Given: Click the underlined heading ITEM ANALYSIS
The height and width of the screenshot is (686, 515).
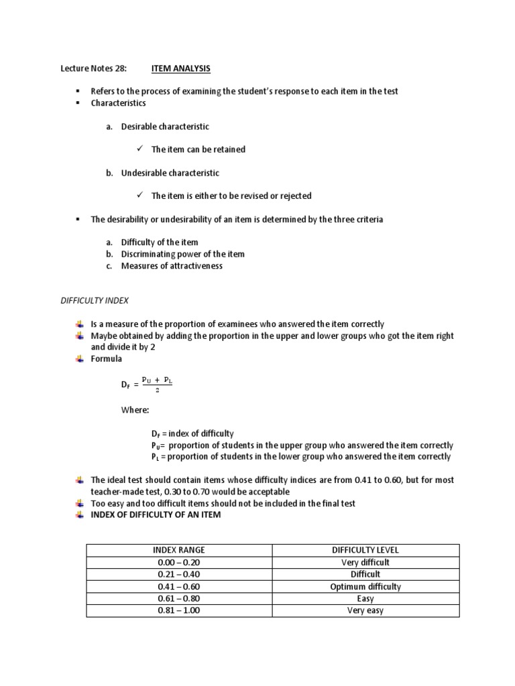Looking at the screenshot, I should tap(176, 68).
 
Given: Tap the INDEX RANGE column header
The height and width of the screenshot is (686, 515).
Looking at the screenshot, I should tap(178, 550).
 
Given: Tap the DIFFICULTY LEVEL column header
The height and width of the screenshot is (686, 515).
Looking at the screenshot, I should tap(365, 550).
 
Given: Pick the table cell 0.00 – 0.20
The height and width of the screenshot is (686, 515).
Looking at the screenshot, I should tap(178, 562).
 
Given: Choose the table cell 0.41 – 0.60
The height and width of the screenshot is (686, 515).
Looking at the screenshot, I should tap(178, 586).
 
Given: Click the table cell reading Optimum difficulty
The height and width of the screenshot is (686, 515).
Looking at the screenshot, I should tap(365, 586).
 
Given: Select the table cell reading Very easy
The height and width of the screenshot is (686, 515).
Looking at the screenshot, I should tap(365, 610).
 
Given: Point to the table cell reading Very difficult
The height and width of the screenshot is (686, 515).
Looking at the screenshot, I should tap(365, 562).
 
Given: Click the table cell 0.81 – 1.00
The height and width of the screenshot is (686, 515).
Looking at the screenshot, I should tap(178, 610).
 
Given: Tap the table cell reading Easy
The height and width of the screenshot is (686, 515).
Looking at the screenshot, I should tap(365, 598).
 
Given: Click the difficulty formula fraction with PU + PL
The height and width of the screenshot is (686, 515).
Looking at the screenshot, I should tap(157, 383).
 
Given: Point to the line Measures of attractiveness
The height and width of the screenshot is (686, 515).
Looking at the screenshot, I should tap(171, 266).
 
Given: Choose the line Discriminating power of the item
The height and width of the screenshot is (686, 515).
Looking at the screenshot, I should tap(182, 254).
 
